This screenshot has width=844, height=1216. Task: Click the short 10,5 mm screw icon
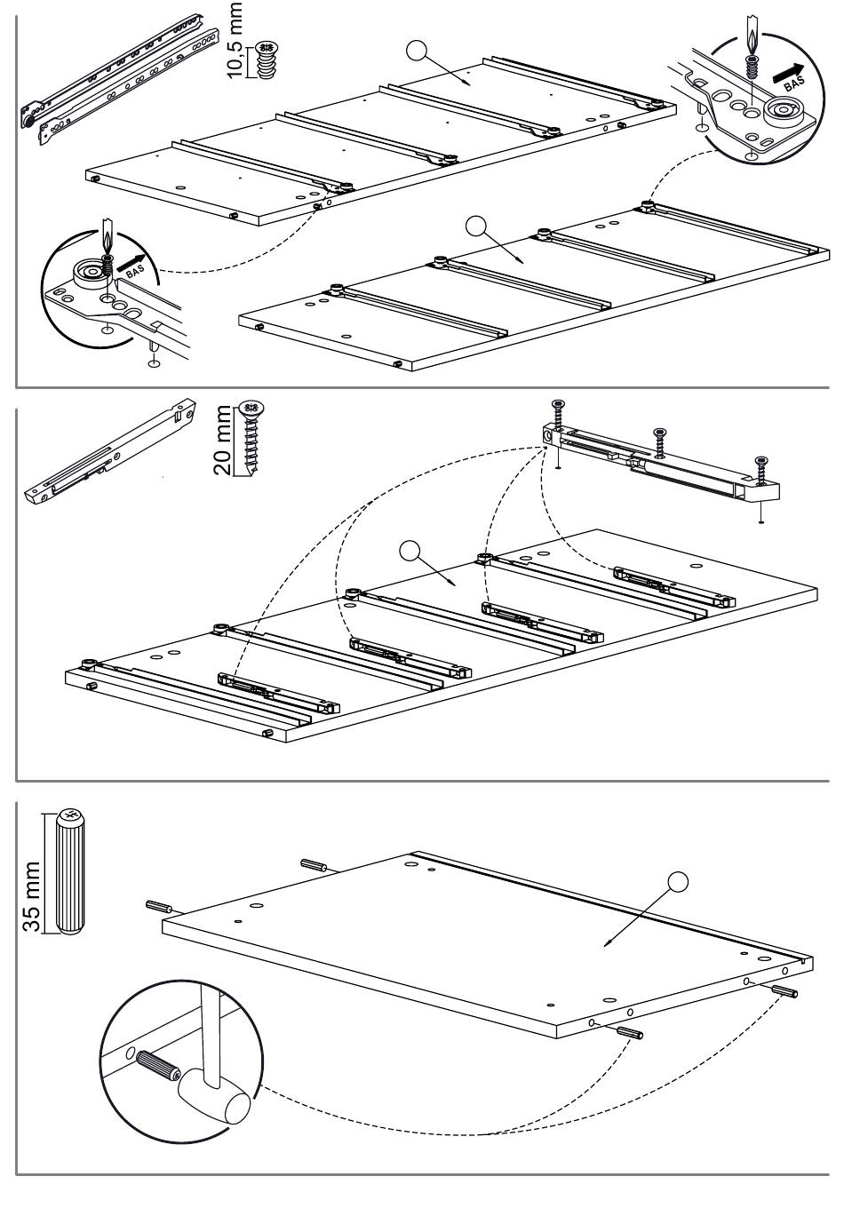267,60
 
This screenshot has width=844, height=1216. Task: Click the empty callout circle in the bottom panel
679,882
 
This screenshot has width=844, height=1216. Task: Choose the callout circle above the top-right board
477,226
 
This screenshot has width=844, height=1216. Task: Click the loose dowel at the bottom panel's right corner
785,991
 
